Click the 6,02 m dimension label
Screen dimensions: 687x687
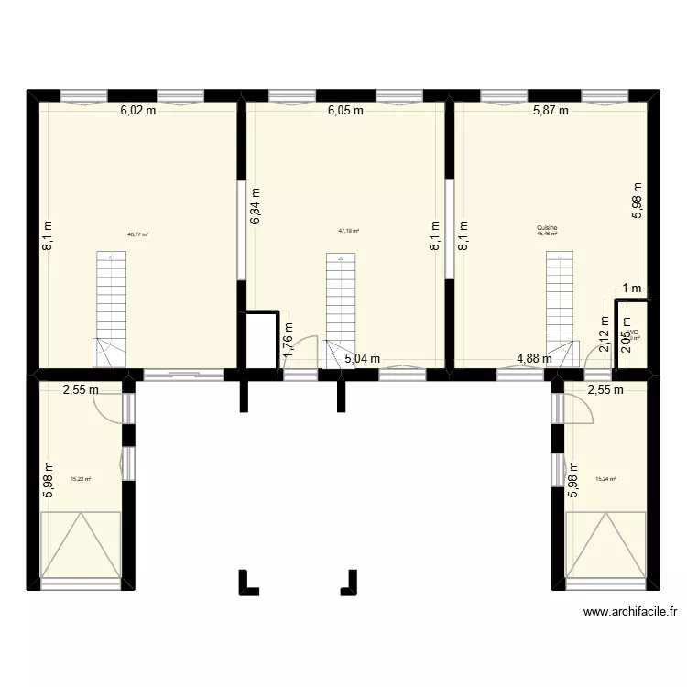click(138, 111)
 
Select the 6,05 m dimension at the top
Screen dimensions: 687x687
click(346, 111)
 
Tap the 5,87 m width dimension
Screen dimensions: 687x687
click(551, 111)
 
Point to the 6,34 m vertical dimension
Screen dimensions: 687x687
click(256, 206)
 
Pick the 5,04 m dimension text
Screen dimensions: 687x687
click(363, 359)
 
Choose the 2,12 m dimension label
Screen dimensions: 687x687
click(604, 335)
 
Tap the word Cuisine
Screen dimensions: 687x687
click(548, 228)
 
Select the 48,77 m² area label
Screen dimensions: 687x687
click(138, 234)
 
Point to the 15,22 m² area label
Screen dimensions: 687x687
click(81, 478)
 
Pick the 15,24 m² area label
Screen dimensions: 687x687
click(605, 478)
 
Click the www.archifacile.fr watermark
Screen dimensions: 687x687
click(628, 613)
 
